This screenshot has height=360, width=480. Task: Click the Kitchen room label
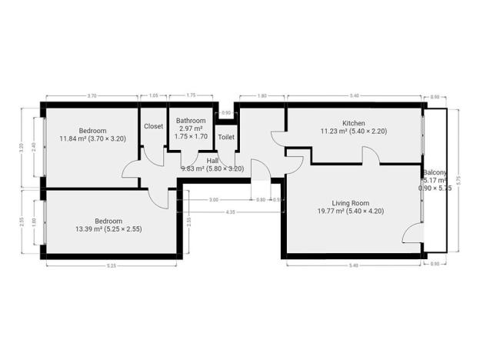354,123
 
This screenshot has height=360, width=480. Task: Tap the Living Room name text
350,202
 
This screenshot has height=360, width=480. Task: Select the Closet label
153,126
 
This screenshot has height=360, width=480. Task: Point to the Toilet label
226,137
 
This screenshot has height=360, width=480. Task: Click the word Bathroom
190,121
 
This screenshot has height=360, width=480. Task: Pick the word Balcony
435,172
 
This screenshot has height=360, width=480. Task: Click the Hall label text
212,160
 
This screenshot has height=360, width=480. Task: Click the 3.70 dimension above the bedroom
92,95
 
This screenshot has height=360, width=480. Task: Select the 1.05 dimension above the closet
153,95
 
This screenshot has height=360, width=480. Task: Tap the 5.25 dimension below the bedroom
111,265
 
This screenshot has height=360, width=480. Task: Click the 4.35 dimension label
230,212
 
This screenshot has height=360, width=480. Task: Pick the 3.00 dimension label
213,200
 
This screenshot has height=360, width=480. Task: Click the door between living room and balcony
418,231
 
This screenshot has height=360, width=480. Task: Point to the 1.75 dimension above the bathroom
190,95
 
